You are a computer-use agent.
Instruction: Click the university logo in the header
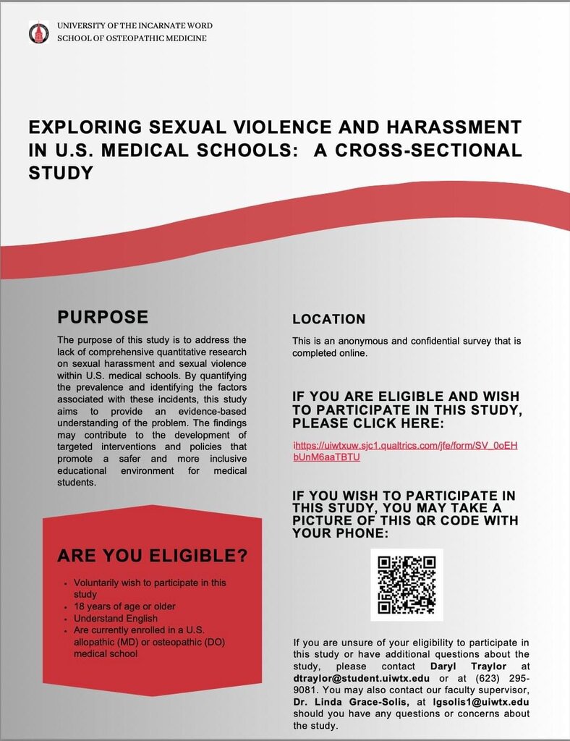[38, 32]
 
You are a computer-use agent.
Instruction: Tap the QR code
[407, 585]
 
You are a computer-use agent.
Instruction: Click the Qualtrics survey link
[405, 451]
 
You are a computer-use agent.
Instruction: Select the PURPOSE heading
[103, 317]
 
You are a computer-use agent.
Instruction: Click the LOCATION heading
[328, 319]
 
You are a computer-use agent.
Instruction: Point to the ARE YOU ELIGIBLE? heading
[152, 556]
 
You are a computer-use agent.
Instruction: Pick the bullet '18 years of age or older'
[124, 606]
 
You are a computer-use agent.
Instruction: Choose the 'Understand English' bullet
[115, 619]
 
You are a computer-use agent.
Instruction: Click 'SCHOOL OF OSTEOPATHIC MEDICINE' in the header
[132, 38]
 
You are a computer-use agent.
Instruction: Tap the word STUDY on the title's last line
[61, 173]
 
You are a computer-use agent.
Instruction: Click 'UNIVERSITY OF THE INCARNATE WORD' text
[135, 25]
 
